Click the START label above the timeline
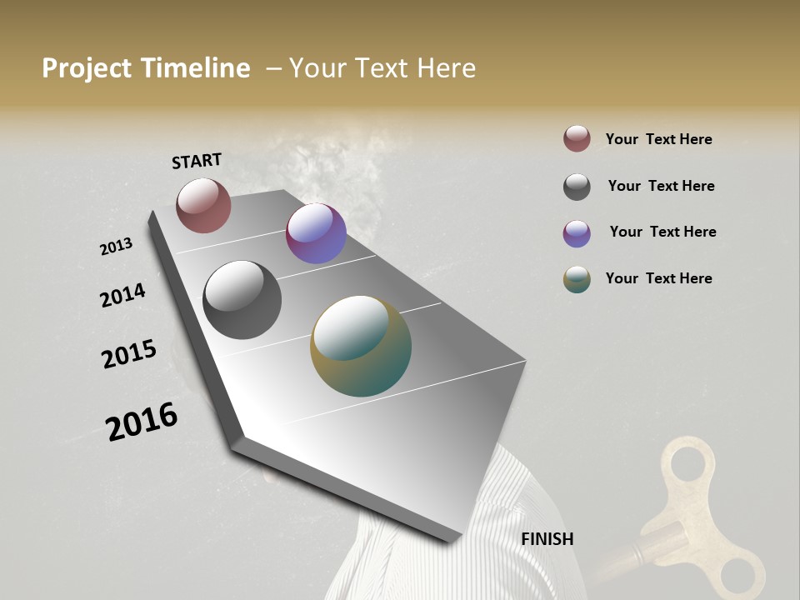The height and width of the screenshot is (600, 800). point(197,161)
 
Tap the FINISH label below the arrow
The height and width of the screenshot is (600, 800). point(547,539)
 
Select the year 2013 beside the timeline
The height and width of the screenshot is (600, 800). point(116,247)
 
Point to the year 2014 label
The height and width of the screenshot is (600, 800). point(122,296)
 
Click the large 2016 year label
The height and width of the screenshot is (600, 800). point(142,422)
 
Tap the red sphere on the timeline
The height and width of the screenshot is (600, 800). point(203,205)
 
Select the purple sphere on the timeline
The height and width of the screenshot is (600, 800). point(316,233)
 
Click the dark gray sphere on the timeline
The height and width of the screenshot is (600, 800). point(242,300)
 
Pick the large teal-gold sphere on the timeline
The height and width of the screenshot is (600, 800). point(361,346)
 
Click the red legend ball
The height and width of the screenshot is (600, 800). point(577,139)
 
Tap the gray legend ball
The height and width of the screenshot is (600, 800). point(577,187)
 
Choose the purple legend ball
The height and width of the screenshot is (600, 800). point(577,233)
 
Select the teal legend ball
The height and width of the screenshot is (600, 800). point(577,279)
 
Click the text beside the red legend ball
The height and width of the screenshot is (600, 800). point(658,139)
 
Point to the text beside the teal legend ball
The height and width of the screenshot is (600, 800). point(658,278)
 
